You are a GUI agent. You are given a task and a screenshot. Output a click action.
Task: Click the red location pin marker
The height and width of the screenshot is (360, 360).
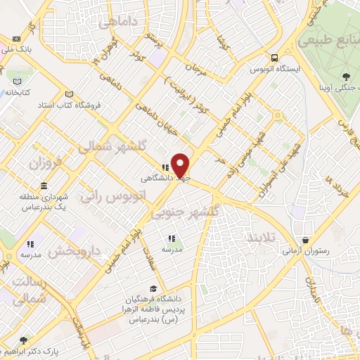(x=181, y=165)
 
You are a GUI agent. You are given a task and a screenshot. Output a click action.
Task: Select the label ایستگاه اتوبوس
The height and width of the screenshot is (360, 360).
(x=274, y=70)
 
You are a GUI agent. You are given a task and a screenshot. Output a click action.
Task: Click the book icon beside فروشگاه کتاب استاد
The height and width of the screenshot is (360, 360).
(x=69, y=94)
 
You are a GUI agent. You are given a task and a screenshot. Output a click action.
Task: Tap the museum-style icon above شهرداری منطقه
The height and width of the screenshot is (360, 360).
(x=44, y=186)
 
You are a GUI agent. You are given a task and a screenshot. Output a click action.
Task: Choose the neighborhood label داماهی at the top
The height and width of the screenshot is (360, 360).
(x=116, y=22)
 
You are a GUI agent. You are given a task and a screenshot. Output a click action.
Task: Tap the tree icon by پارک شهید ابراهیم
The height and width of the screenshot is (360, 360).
(x=24, y=340)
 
